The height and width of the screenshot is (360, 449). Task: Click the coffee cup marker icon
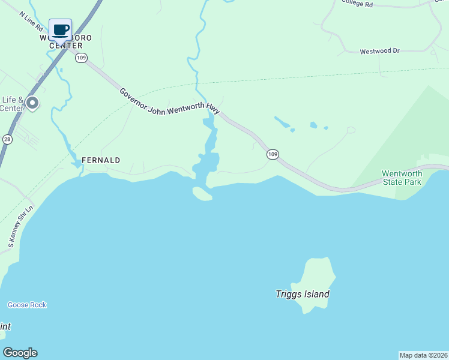click(60, 29)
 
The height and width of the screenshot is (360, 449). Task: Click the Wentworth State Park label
click(402, 178)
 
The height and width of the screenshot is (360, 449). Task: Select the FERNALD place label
click(101, 160)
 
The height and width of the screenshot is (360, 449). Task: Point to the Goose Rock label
click(27, 305)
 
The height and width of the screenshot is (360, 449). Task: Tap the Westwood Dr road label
click(379, 52)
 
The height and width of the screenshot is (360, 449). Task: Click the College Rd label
click(357, 4)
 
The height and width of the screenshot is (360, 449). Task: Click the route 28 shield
click(7, 139)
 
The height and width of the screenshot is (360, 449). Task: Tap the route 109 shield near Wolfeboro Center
click(82, 58)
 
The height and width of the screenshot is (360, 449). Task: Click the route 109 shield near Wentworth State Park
click(273, 154)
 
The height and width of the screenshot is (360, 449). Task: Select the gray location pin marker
click(33, 104)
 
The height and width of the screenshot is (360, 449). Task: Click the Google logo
click(20, 353)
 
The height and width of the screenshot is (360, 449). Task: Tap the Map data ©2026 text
click(423, 355)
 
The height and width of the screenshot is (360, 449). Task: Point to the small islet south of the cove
click(202, 193)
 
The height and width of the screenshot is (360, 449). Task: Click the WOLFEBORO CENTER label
click(65, 41)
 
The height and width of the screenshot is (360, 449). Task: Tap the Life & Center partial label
click(12, 104)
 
